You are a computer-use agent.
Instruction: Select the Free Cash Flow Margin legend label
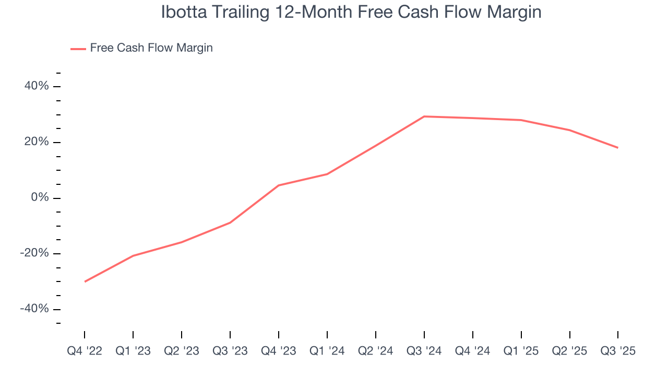click(x=151, y=48)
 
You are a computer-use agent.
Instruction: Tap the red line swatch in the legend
click(x=78, y=49)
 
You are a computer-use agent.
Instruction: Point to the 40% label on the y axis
click(x=37, y=86)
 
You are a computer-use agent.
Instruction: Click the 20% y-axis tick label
click(x=37, y=142)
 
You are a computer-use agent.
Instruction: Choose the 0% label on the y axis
click(x=41, y=198)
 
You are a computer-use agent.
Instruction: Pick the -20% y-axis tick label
click(x=34, y=253)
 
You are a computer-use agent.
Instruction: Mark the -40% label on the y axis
click(x=34, y=309)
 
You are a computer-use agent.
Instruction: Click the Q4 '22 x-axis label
click(x=85, y=351)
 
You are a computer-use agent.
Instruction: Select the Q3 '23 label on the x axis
click(x=230, y=351)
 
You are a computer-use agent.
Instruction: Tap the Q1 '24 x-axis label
click(x=327, y=351)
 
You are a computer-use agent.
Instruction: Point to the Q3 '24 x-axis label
click(x=424, y=351)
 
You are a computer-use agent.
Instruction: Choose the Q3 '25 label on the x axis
click(x=618, y=351)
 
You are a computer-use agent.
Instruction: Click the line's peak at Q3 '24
click(x=424, y=116)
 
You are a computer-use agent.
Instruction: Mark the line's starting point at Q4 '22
click(x=85, y=281)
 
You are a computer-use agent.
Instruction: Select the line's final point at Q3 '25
click(x=618, y=148)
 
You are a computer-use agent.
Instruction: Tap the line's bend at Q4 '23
click(x=279, y=185)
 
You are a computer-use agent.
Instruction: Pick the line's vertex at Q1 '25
click(x=521, y=120)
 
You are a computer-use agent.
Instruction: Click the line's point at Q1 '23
click(x=133, y=256)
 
